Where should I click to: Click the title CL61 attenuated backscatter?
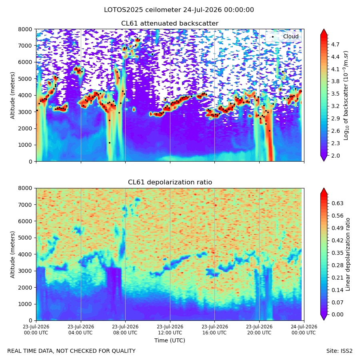170,24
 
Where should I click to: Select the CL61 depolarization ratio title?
170,182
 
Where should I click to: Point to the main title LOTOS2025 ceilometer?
142,10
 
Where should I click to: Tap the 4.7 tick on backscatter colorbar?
335,44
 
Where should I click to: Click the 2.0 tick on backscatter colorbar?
335,156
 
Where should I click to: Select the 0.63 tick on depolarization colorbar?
338,204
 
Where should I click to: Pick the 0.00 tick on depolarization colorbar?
338,314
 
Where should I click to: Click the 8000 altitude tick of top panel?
25,29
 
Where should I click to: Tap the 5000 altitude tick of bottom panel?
25,238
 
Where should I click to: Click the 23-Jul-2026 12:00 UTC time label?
170,330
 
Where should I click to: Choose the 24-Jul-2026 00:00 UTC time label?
304,330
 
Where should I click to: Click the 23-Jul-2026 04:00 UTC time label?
81,330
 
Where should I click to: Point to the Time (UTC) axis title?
170,340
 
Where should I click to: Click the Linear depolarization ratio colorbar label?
348,254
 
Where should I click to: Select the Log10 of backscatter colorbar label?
346,96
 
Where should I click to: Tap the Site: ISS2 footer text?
339,351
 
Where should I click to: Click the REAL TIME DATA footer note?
72,351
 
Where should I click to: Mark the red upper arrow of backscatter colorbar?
324,32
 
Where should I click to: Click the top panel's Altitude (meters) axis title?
12,96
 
